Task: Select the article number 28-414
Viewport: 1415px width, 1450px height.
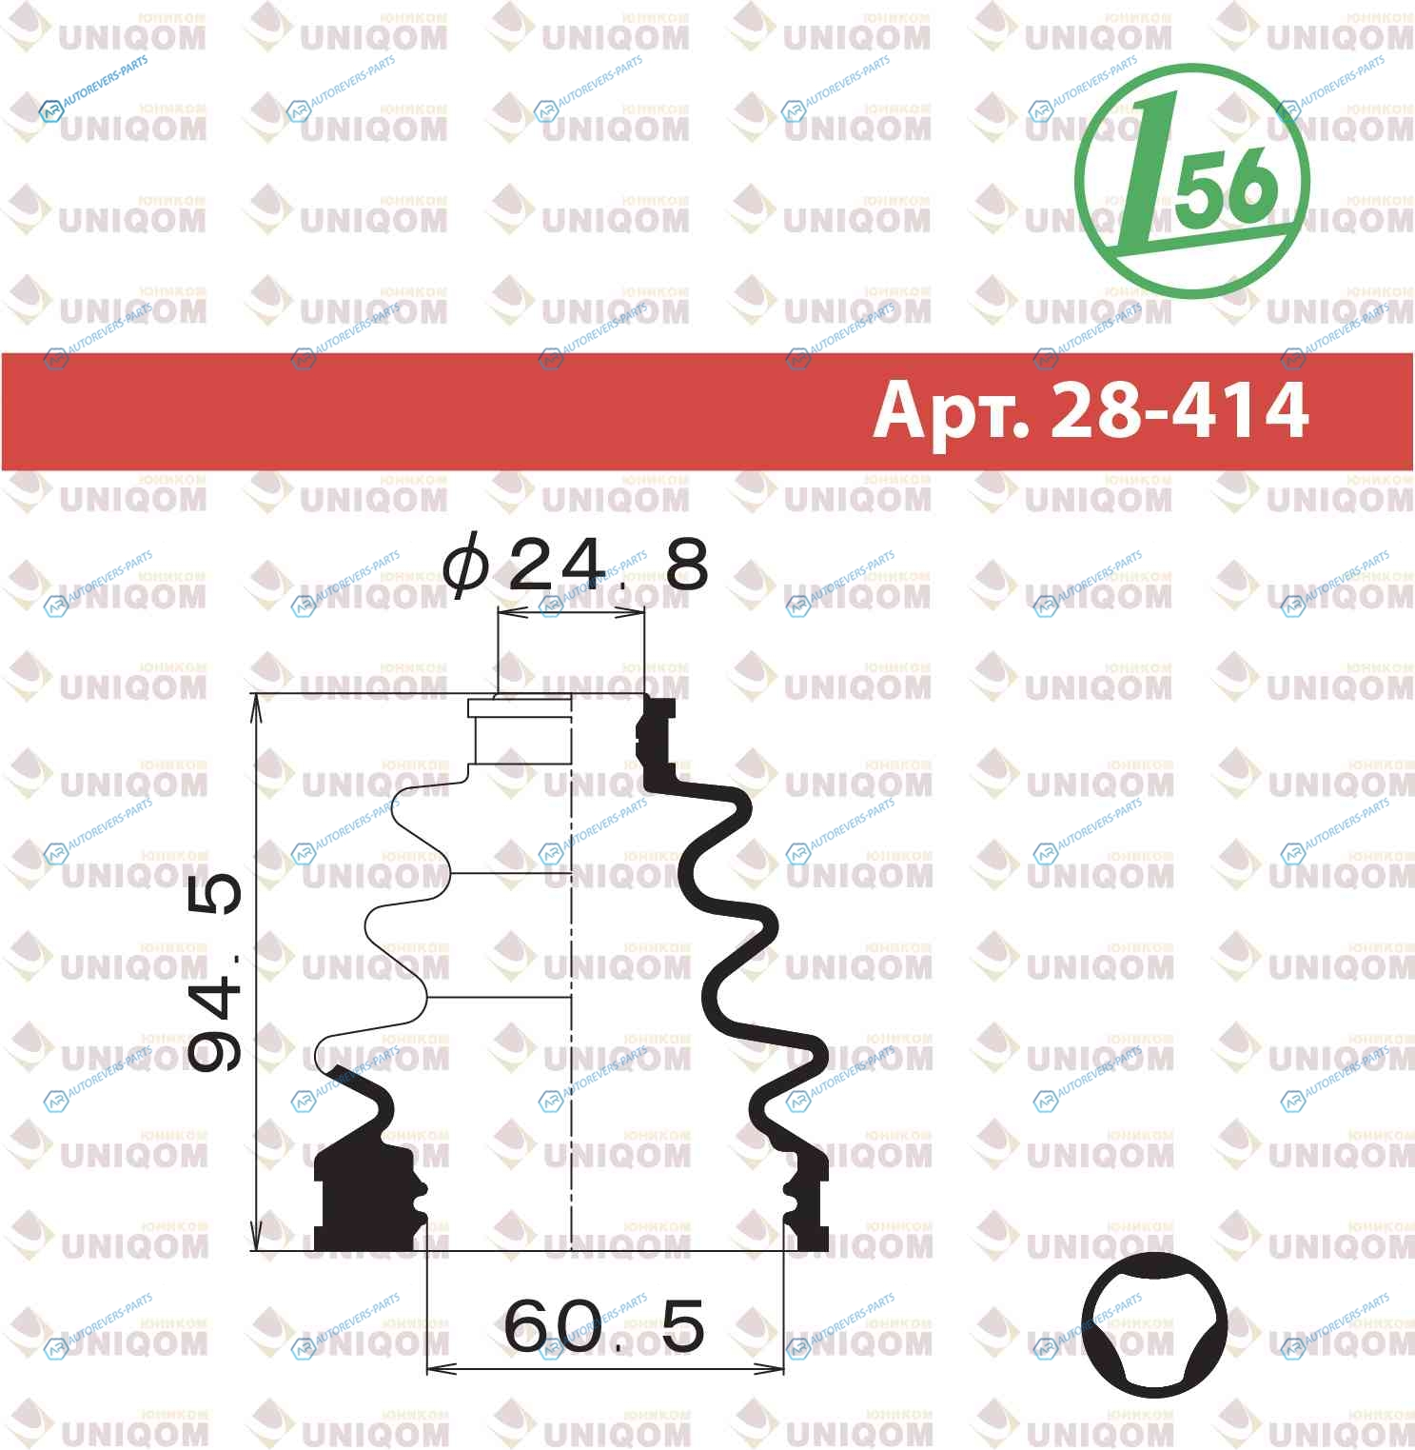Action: [1180, 409]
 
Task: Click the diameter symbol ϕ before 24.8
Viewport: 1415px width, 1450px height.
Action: [466, 566]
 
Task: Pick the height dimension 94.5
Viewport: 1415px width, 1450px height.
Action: [215, 971]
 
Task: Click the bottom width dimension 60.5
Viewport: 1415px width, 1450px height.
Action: [604, 1325]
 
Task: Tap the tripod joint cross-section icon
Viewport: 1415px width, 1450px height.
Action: [1154, 1326]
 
